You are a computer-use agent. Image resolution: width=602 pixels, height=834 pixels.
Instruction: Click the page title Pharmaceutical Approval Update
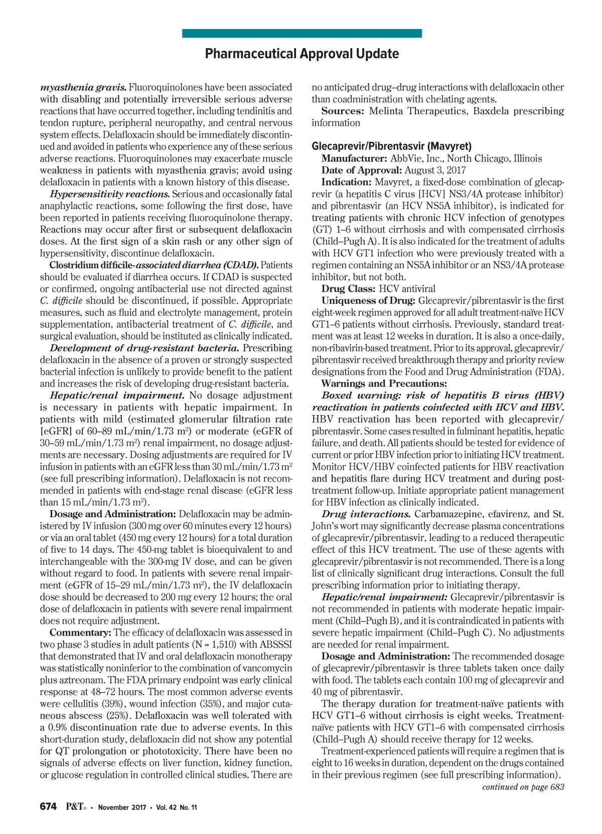pyautogui.click(x=302, y=54)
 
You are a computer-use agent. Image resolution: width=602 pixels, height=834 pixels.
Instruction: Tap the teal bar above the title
pyautogui.click(x=302, y=34)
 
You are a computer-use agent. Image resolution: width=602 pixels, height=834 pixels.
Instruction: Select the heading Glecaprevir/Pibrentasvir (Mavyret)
pyautogui.click(x=391, y=146)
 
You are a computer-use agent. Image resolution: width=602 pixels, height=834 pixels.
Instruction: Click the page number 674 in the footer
pyautogui.click(x=48, y=807)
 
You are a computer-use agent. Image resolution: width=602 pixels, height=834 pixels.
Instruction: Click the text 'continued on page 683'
pyautogui.click(x=523, y=787)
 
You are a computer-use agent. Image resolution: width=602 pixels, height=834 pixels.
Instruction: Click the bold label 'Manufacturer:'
pyautogui.click(x=355, y=158)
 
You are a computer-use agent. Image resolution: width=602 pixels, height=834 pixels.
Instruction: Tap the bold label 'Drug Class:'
pyautogui.click(x=349, y=289)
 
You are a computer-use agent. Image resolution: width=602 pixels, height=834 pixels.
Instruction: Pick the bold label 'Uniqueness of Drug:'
pyautogui.click(x=368, y=301)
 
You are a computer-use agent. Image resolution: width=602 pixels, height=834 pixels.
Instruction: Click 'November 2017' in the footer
pyautogui.click(x=122, y=807)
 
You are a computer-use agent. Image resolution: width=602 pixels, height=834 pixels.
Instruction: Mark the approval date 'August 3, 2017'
pyautogui.click(x=435, y=170)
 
